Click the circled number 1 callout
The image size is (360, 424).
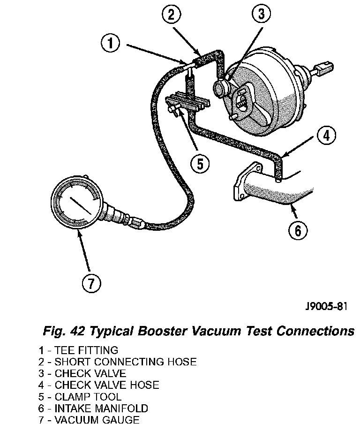[x=110, y=44]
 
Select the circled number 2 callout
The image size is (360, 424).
[x=171, y=15]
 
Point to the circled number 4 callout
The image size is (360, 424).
[x=327, y=136]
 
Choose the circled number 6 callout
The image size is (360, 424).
[x=298, y=230]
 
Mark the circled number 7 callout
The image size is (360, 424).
[x=91, y=282]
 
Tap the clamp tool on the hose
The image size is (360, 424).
[x=186, y=104]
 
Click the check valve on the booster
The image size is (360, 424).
[x=221, y=87]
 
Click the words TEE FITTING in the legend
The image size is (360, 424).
[x=86, y=350]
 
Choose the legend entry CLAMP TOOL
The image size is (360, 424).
[x=88, y=397]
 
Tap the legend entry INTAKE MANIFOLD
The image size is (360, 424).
[x=101, y=409]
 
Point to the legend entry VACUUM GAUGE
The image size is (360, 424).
[x=97, y=420]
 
